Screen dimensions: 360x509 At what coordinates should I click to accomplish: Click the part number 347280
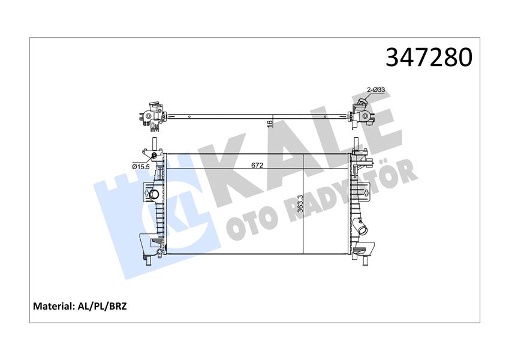click(x=429, y=57)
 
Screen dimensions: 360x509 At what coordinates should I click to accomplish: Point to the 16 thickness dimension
click(x=270, y=123)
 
